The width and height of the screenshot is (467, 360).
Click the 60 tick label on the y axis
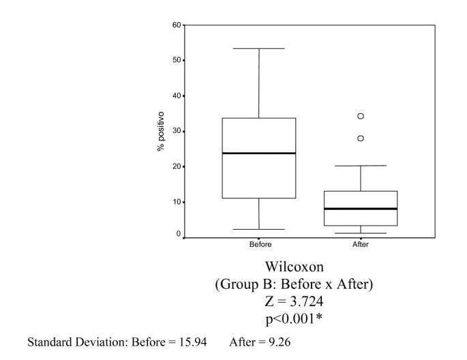pos(177,25)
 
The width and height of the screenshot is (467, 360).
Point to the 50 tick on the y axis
pos(177,61)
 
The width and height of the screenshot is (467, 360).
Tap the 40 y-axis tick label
pos(177,95)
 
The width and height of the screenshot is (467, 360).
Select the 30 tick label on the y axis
pos(177,131)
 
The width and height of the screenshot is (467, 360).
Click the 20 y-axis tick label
pos(177,166)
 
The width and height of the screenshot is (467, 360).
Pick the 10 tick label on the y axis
pos(177,202)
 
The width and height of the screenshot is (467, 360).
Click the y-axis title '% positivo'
pos(161,131)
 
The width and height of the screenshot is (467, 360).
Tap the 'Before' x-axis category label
pos(259,244)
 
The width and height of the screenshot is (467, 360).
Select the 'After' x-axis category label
pos(361,244)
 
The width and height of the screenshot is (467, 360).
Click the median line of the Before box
pos(259,153)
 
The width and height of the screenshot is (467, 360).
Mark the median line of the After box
pos(361,209)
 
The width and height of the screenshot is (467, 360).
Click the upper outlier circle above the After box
pos(361,116)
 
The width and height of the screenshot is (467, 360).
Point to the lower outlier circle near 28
pos(361,138)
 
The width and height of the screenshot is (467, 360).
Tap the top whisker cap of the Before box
pos(259,48)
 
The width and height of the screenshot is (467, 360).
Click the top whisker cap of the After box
pos(361,166)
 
